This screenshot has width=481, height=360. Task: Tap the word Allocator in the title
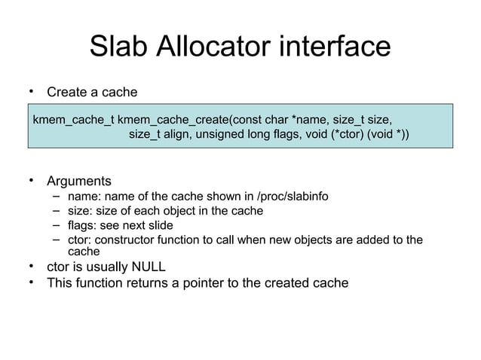pos(213,47)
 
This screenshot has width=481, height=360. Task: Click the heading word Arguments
pos(78,182)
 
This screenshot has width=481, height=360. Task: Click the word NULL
pos(147,267)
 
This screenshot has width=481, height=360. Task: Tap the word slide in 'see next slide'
pos(158,225)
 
